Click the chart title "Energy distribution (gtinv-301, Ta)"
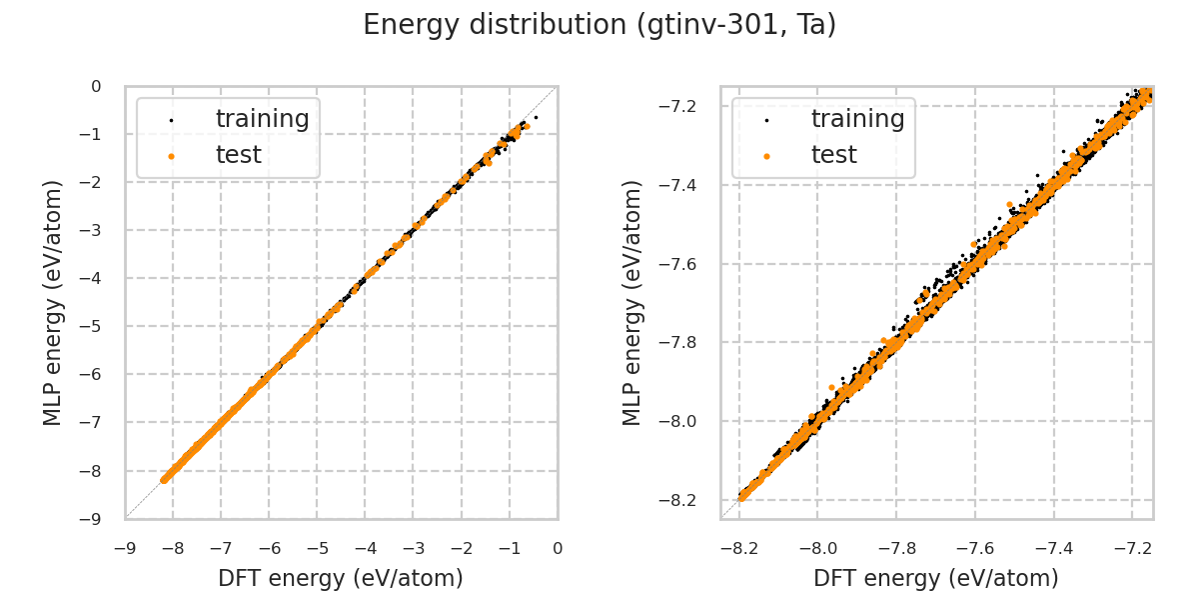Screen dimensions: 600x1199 coord(599,25)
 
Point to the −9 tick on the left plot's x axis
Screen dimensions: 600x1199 coord(125,548)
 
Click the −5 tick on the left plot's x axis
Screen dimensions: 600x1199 coord(317,548)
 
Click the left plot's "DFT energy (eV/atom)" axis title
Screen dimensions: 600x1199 coord(341,578)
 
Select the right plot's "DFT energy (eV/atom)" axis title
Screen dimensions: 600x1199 coord(936,578)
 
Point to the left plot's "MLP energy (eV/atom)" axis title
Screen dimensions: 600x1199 coord(54,302)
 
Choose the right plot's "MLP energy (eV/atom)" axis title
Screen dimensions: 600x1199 coord(633,302)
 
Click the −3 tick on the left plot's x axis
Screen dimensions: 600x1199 coord(414,548)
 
